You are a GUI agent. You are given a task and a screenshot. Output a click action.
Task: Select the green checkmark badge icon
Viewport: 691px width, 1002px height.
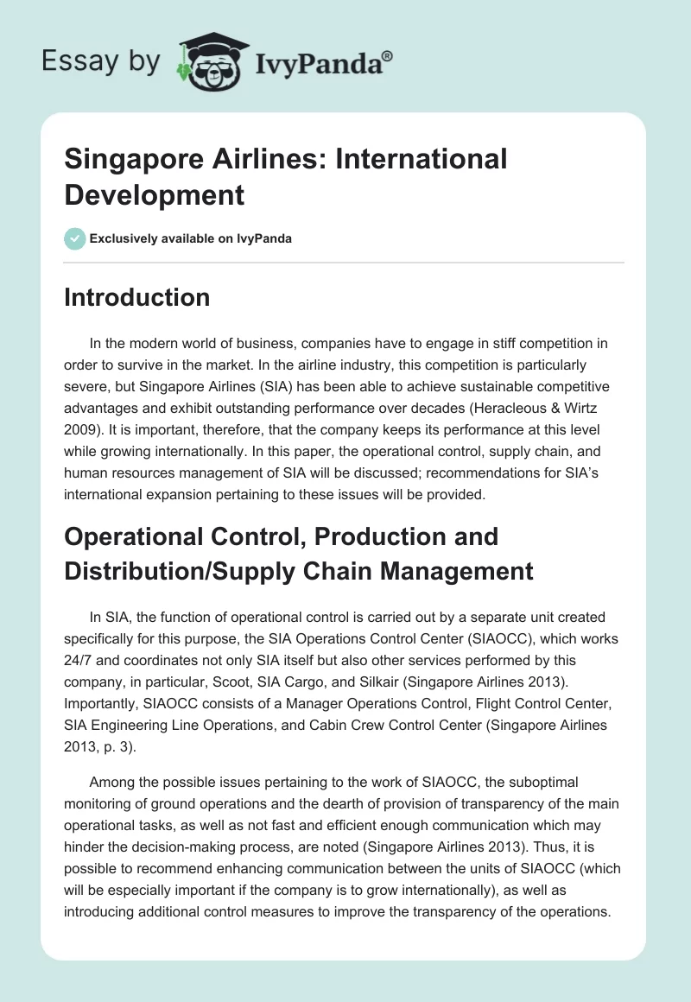[75, 238]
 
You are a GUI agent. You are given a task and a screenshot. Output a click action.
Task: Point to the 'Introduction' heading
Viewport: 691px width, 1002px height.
[137, 297]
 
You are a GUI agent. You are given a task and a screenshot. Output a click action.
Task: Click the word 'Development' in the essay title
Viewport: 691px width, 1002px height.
[155, 194]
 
